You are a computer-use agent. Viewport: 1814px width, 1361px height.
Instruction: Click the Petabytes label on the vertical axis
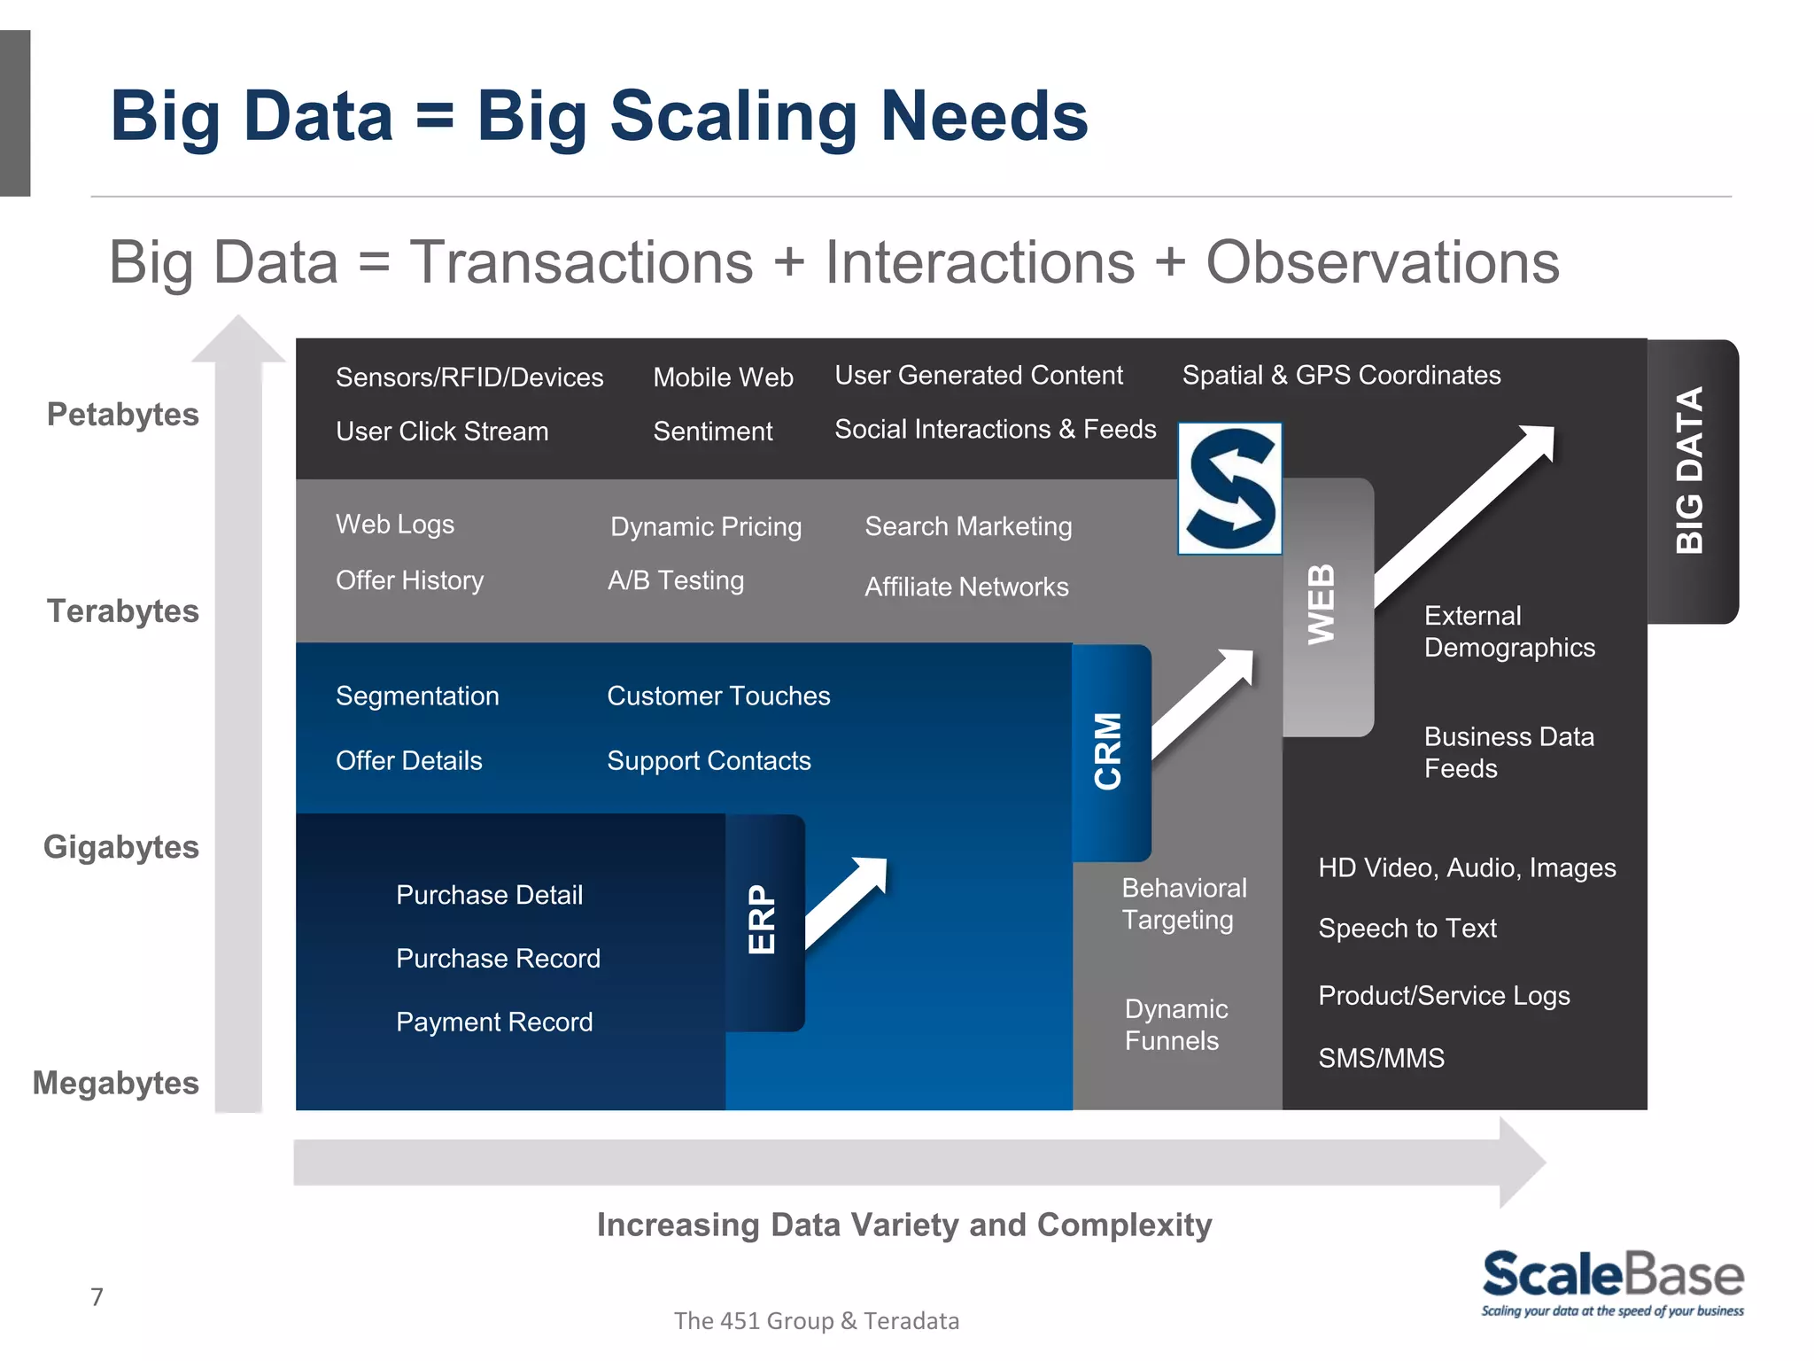122,415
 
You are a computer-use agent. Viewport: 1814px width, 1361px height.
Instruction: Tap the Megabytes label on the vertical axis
115,1083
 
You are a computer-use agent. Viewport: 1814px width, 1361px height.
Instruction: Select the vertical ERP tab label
762,919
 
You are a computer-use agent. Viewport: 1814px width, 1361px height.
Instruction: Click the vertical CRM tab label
1108,750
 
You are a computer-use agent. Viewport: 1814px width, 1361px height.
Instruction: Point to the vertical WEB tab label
1322,604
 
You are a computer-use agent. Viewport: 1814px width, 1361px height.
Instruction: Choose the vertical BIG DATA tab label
1690,471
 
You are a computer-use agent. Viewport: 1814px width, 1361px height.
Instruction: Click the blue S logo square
1229,488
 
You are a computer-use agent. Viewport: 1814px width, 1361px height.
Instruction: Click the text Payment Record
494,1022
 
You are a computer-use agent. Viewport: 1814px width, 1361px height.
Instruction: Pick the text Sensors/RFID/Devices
469,377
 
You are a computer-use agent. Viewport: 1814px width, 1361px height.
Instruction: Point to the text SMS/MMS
1381,1058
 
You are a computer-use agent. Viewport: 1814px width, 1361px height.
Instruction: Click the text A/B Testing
676,580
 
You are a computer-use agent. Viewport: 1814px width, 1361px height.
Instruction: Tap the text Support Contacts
709,760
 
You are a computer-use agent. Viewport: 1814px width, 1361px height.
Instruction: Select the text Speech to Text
1407,928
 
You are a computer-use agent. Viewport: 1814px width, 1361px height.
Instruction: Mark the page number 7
97,1297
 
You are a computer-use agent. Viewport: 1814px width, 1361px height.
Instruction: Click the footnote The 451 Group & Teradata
816,1320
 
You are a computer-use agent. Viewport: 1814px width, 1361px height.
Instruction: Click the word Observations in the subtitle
1382,263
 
